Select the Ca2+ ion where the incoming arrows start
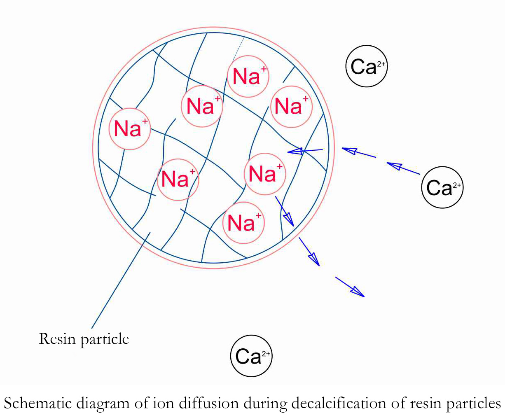click(x=442, y=187)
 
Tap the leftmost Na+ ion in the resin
click(x=129, y=129)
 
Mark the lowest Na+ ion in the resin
click(x=243, y=223)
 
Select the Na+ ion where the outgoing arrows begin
click(x=264, y=174)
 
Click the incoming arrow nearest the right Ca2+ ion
click(x=403, y=168)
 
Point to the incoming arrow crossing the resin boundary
click(x=305, y=151)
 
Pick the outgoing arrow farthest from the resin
click(x=350, y=287)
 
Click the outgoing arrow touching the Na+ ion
click(x=284, y=211)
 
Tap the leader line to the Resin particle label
click(x=121, y=280)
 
